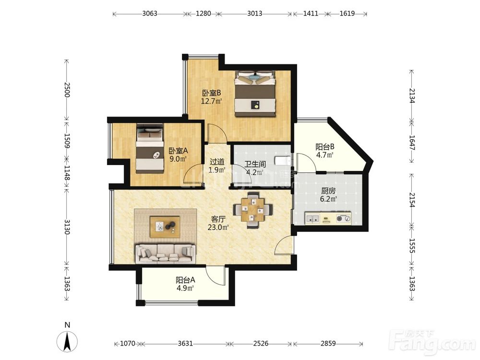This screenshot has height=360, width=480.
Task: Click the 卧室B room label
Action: (x=211, y=93)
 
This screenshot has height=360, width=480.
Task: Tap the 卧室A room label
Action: (x=178, y=151)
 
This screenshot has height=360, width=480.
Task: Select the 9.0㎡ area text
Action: (x=178, y=159)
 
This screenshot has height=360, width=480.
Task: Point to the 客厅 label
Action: (x=218, y=219)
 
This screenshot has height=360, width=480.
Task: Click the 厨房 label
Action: (x=328, y=191)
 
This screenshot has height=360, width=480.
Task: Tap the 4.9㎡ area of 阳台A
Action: (x=185, y=288)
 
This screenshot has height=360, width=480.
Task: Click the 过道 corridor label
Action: (x=217, y=162)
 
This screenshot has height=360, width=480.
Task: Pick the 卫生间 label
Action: (x=255, y=164)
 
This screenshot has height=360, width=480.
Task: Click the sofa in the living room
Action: (x=166, y=254)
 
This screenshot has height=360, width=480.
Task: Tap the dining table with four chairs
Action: (x=252, y=210)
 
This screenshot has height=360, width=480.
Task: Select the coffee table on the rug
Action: (x=165, y=227)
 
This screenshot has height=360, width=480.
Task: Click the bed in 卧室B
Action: (x=256, y=94)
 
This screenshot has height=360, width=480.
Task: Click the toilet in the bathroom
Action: (x=282, y=160)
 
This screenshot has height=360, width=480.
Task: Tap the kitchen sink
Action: (x=312, y=218)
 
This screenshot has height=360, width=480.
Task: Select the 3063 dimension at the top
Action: (x=150, y=13)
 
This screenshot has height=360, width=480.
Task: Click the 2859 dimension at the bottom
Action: (x=328, y=344)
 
